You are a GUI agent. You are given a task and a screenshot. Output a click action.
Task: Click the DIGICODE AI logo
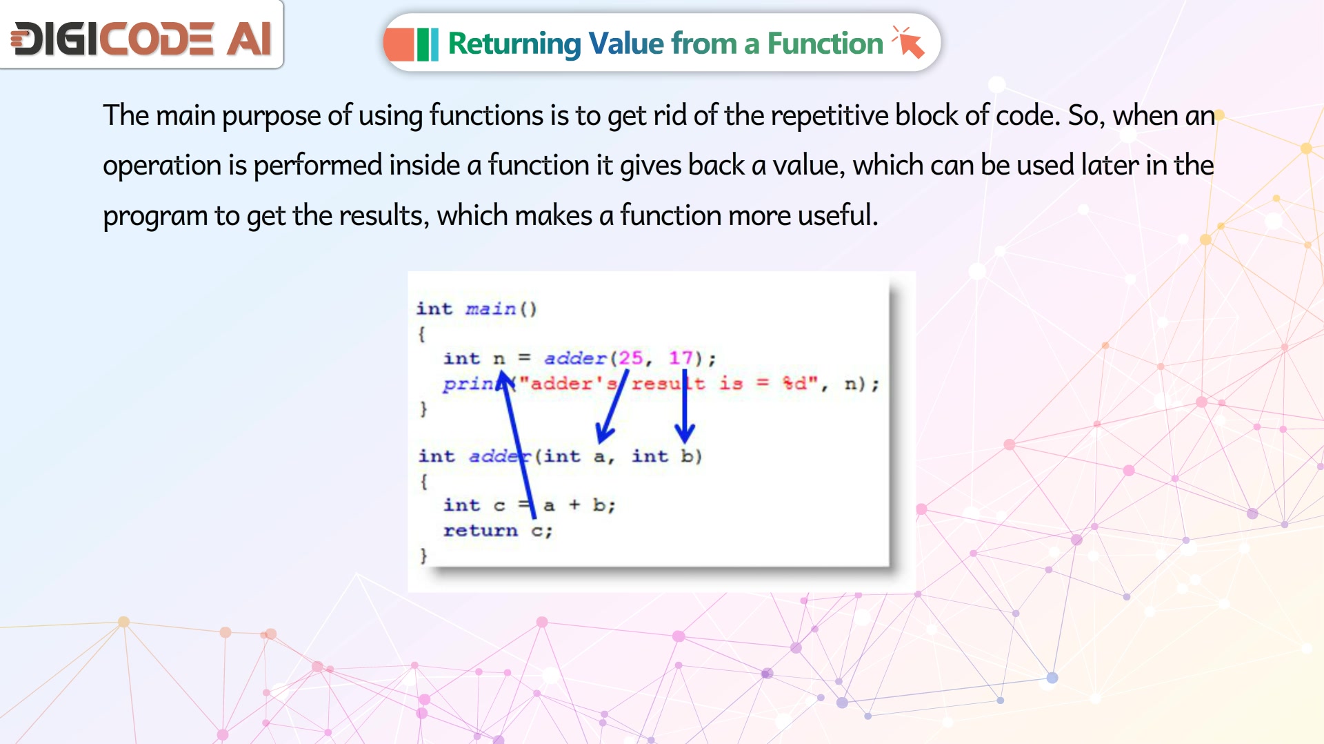coord(141,38)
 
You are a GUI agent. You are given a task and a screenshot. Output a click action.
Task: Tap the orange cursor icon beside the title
coord(908,42)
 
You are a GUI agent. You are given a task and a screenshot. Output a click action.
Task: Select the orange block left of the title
coord(399,44)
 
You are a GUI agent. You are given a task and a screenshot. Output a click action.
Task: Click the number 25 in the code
coord(630,358)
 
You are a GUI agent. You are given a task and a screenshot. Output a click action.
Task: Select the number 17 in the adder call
coord(681,358)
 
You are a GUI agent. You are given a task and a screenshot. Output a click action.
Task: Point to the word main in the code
coord(490,308)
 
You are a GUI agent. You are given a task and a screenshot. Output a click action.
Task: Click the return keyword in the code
coord(480,530)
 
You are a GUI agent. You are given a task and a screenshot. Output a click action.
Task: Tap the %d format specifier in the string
coord(794,383)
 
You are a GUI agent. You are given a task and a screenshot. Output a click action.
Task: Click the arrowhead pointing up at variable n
coord(504,380)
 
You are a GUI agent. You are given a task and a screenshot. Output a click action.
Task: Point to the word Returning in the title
coord(514,44)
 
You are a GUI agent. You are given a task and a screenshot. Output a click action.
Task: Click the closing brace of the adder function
coord(423,555)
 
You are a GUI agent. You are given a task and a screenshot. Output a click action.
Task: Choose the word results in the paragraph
coord(383,215)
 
